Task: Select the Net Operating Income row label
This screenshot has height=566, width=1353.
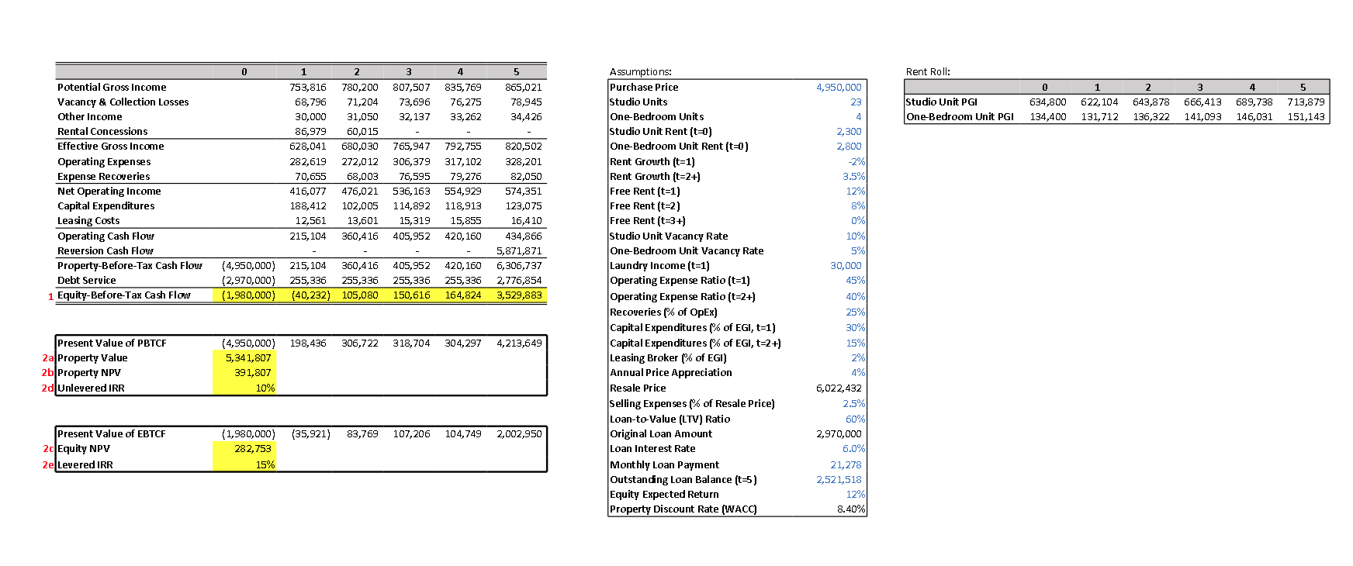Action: click(109, 192)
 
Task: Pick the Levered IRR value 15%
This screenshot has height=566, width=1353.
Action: click(265, 465)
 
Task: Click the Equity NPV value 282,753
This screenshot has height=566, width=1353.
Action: click(253, 449)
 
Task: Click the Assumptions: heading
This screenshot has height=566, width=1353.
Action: click(641, 72)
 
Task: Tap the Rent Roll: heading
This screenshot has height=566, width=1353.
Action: click(928, 72)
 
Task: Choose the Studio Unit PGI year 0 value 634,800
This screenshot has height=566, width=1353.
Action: click(1047, 102)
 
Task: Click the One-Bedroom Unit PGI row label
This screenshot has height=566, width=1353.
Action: click(960, 117)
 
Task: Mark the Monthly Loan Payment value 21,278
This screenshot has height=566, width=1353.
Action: click(846, 465)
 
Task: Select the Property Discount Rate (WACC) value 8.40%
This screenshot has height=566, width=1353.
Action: click(851, 509)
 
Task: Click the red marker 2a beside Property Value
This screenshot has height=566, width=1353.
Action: click(48, 358)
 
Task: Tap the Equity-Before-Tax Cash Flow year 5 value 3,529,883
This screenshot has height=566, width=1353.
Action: click(519, 295)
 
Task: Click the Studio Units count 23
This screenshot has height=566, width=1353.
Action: click(856, 102)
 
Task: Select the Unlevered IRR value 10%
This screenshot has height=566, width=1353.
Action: click(265, 388)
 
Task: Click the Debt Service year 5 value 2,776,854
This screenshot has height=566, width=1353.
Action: click(519, 281)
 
